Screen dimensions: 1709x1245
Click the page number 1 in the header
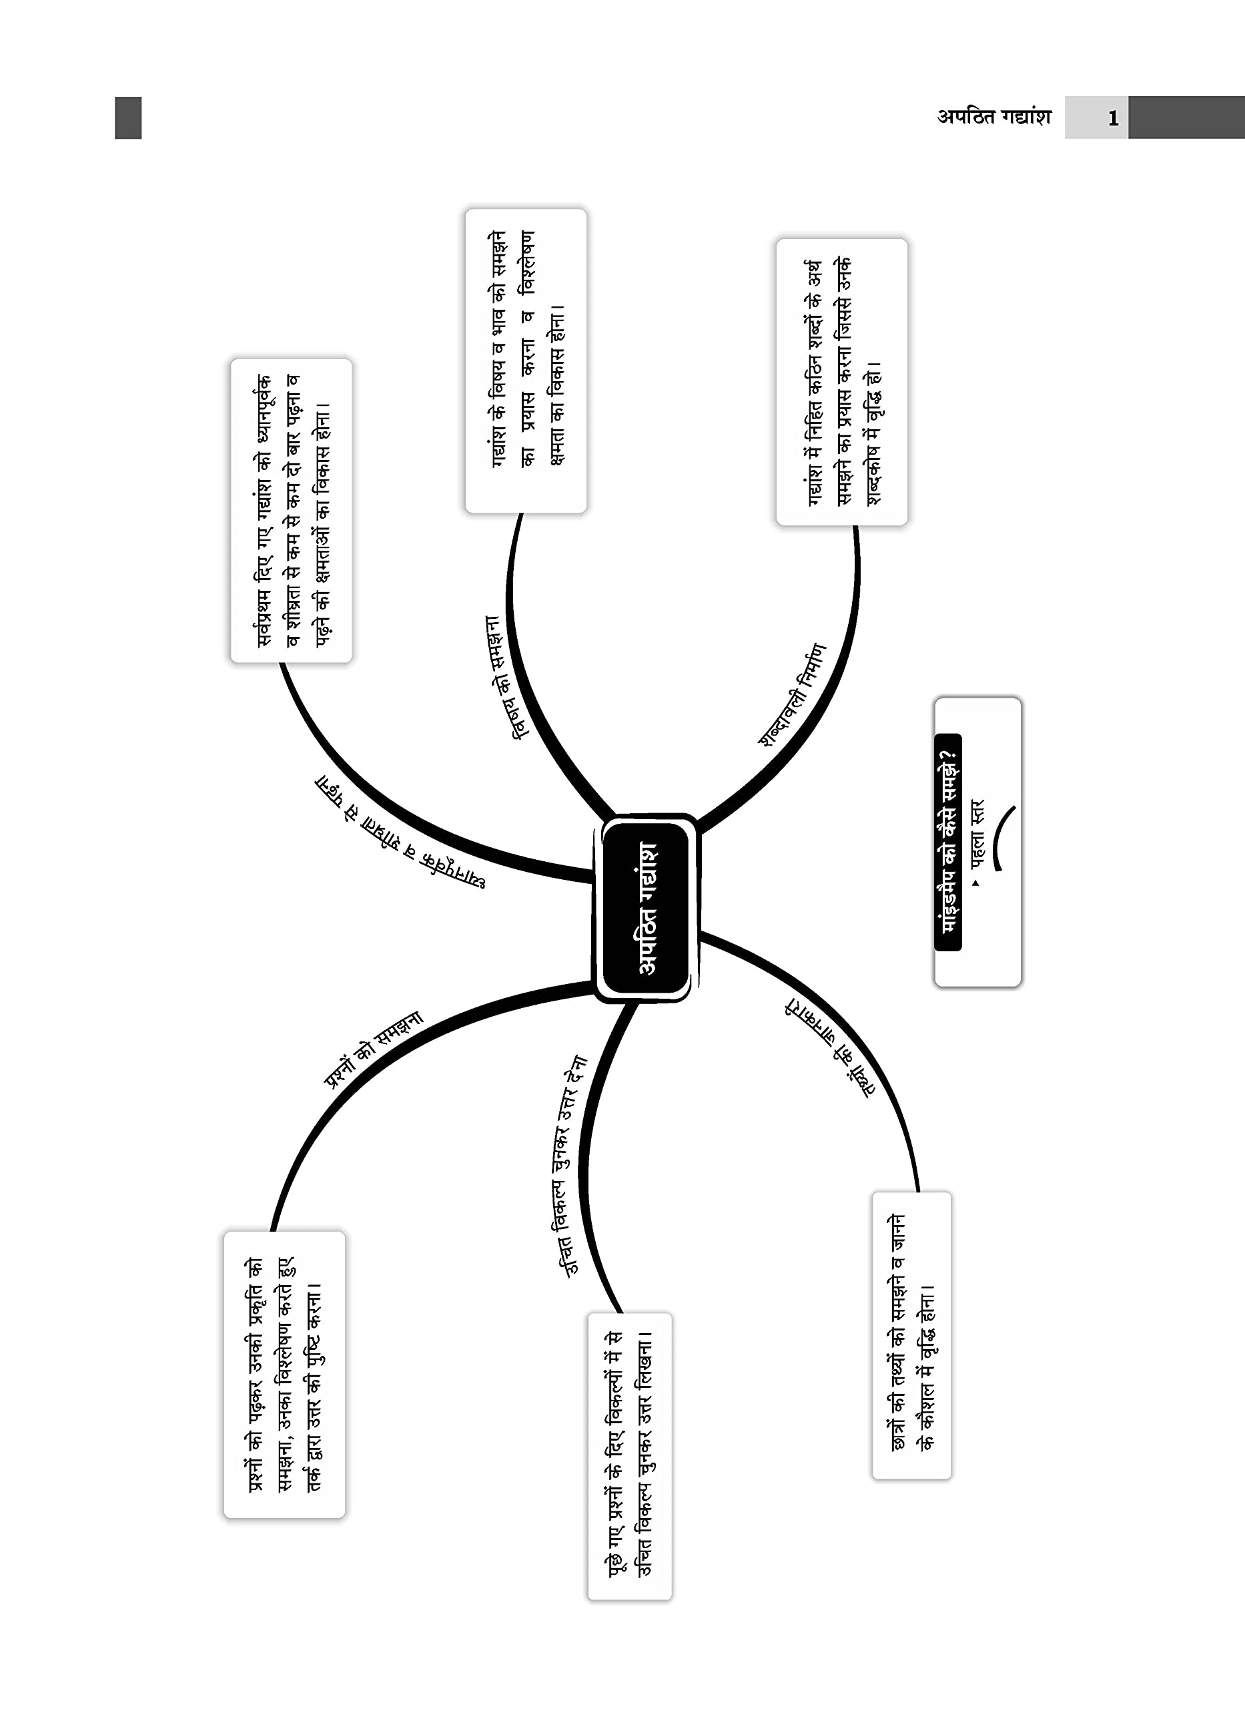(1112, 118)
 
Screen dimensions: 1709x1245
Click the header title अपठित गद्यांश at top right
(993, 117)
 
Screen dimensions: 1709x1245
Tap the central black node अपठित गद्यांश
(647, 908)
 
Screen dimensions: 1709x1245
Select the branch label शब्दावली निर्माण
(792, 694)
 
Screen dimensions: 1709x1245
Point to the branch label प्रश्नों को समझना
(373, 1049)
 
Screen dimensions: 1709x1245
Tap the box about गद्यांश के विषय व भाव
(526, 361)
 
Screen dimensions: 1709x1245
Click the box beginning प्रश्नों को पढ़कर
(285, 1375)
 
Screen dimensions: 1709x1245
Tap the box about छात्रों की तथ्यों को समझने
(912, 1334)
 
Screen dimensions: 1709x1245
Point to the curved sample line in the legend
(1003, 836)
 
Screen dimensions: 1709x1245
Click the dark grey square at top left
(128, 117)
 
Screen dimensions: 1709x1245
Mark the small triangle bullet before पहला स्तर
(976, 883)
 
